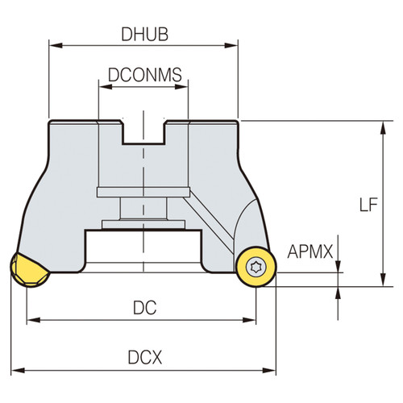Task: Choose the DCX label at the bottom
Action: tap(144, 355)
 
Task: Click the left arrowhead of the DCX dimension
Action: tap(15, 370)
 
